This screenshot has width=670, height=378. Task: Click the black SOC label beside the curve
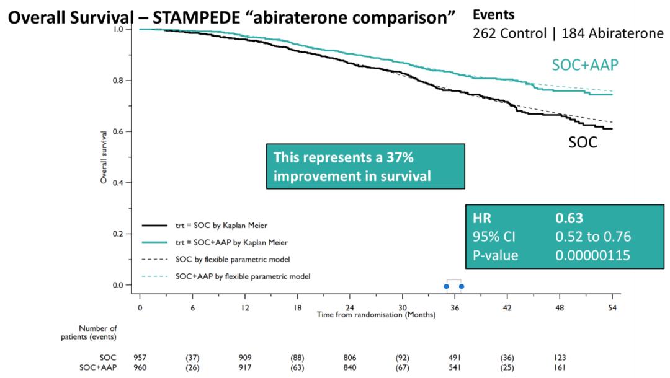tap(583, 142)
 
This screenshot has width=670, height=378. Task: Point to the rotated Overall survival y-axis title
tap(104, 157)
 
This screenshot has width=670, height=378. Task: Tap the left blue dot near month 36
tap(446, 286)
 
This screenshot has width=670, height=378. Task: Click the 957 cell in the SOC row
tap(140, 358)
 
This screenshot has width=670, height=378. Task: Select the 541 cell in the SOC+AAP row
tap(455, 367)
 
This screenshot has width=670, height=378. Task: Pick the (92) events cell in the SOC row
tap(403, 358)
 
